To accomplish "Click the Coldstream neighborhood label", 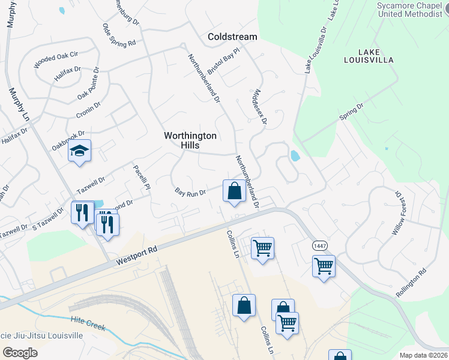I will (232, 37).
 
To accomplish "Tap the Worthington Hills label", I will (190, 140).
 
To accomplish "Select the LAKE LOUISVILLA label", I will (369, 56).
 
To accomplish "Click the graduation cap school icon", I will (79, 151).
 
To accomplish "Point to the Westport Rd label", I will (137, 254).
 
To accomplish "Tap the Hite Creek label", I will (88, 323).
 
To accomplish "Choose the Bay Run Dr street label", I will (190, 193).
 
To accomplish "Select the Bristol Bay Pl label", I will (223, 60).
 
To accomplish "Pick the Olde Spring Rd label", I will (119, 35).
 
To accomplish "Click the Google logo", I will (20, 352).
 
